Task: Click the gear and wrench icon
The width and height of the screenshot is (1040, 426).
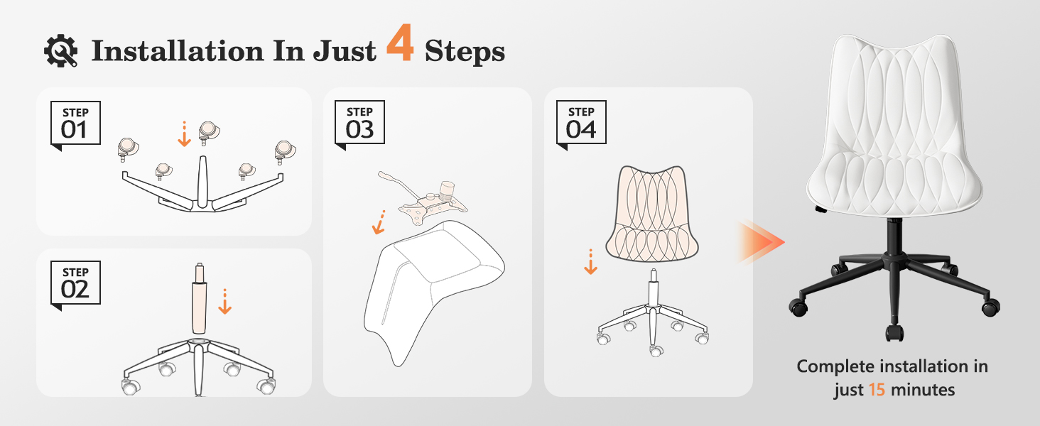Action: coord(61,50)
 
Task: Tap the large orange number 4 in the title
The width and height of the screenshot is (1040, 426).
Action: coord(400,43)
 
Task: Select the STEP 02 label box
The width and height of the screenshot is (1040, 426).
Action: coord(75,283)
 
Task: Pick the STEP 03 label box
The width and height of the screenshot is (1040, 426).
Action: coord(359,123)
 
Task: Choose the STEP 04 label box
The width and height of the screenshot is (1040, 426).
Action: coord(581,123)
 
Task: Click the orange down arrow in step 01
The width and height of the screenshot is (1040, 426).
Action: coord(184,134)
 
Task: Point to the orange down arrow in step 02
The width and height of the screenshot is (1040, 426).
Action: coord(224,302)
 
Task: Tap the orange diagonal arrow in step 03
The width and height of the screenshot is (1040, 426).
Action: coord(379,222)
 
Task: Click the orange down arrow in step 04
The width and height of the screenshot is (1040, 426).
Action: coord(590,262)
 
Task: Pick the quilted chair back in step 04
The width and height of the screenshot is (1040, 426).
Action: coord(652,214)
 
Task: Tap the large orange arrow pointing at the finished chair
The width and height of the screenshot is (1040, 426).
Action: coord(761,242)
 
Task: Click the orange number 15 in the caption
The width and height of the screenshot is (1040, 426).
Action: coord(877,390)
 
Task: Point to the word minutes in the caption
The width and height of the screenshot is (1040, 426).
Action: coord(923,390)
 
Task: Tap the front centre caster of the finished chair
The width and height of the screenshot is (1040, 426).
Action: coord(894,333)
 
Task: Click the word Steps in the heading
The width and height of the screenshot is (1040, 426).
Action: coord(465,52)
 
